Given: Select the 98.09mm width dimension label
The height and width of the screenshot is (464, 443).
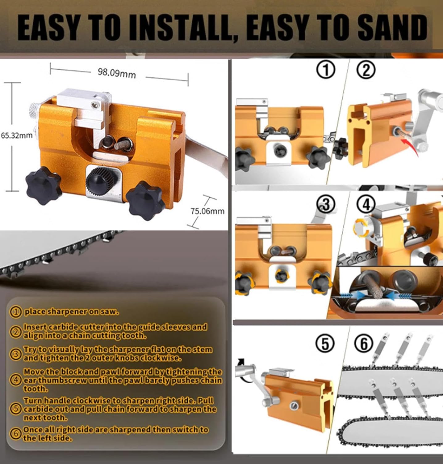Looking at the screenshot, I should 117,73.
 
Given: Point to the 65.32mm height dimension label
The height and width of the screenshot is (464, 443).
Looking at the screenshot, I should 17,135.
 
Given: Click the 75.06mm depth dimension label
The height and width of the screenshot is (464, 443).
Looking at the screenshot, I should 207,211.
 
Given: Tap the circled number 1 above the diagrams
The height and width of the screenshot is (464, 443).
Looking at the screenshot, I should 325,70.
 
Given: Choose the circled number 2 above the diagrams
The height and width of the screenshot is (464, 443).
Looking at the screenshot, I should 366,70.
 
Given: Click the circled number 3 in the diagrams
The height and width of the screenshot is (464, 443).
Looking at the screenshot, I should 326,204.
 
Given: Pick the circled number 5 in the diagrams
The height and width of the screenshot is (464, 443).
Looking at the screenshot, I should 325,344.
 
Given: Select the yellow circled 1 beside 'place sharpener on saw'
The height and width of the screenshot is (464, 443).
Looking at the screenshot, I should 15,312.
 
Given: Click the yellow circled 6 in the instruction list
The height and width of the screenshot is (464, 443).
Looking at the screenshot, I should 15,433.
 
